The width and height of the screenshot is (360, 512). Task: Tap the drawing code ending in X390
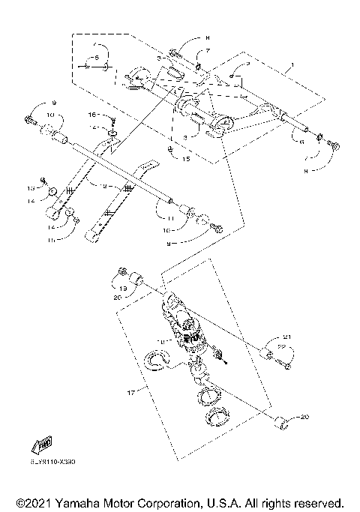tap(53, 463)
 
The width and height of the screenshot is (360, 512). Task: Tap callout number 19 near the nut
tap(123, 288)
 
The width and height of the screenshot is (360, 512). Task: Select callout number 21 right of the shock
tap(286, 337)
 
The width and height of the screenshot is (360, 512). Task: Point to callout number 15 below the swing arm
tap(187, 160)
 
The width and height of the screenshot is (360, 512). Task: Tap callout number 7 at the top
tap(209, 51)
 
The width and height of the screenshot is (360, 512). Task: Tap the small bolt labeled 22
tap(286, 366)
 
